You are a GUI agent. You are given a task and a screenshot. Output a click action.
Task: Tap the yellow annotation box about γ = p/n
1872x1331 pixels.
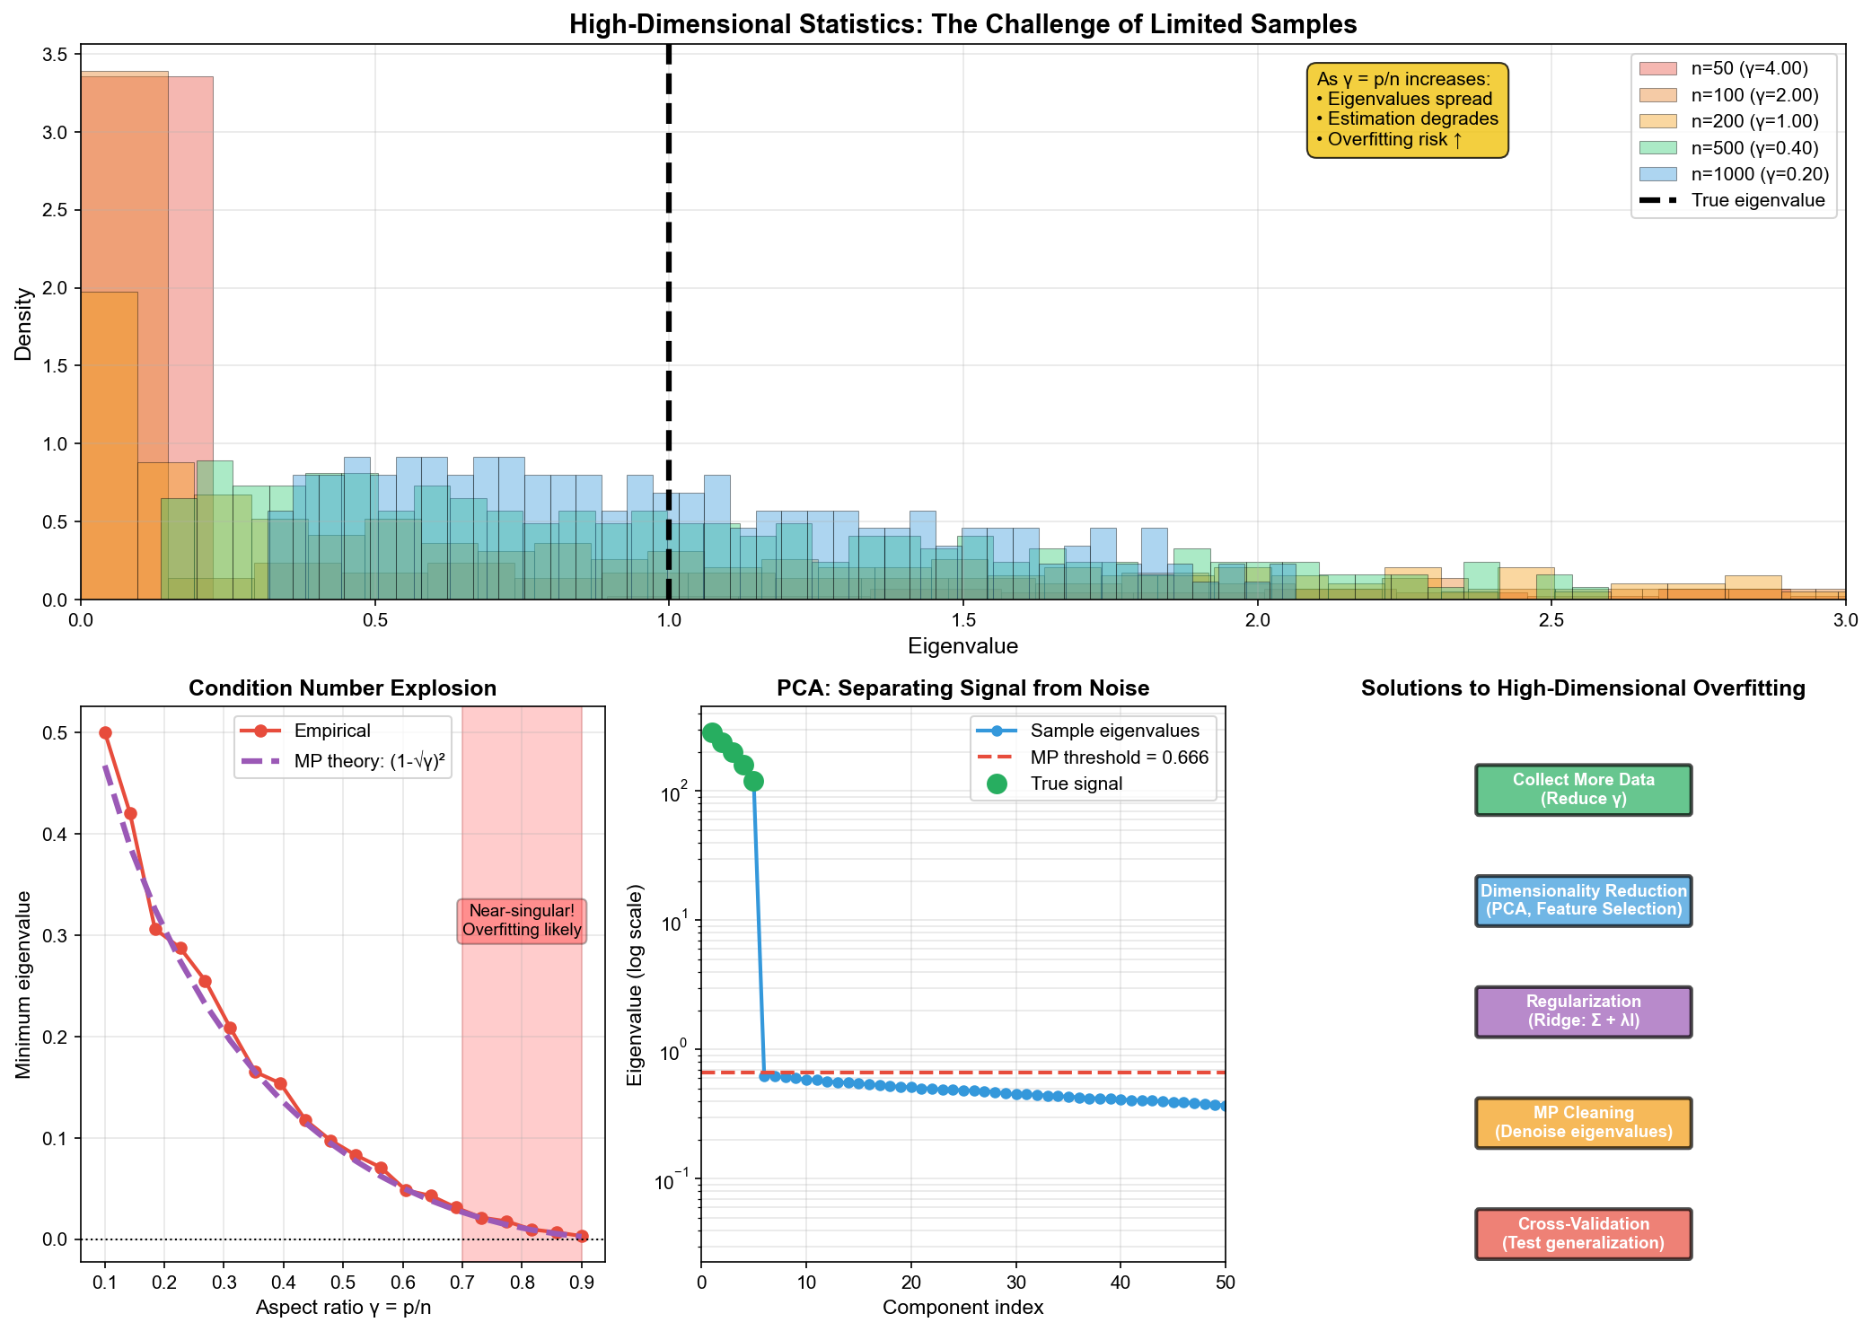coord(1407,110)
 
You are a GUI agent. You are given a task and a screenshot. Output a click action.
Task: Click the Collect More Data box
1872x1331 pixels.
coord(1583,790)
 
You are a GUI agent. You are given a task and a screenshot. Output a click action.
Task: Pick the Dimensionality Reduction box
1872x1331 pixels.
coord(1583,900)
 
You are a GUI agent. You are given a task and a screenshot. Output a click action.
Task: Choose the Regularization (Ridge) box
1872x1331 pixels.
coord(1583,1011)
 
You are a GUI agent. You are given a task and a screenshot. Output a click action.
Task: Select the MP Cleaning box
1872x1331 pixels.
coord(1583,1123)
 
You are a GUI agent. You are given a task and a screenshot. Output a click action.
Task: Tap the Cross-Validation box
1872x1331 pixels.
coord(1583,1234)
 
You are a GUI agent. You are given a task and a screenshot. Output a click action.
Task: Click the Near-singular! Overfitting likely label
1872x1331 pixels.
coord(522,921)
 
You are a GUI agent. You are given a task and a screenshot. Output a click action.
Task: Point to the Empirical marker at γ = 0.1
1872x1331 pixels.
coord(105,732)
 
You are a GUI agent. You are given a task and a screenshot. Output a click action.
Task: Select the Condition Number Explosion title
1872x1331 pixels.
coord(342,688)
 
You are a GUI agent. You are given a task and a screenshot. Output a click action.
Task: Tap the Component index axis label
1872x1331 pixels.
coord(962,1308)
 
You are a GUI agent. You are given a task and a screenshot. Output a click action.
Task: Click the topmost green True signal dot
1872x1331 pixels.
coord(712,732)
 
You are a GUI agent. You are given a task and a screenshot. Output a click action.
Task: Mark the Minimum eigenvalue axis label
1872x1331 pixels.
coord(24,984)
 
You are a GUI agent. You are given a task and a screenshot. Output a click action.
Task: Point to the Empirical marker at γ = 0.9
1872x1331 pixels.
coord(582,1236)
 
